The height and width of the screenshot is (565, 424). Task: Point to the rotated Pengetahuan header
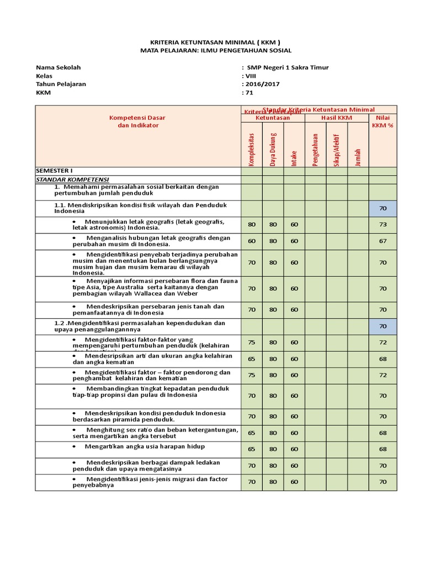[316, 149]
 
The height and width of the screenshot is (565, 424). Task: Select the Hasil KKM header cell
[337, 118]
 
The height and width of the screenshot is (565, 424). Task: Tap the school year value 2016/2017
[263, 84]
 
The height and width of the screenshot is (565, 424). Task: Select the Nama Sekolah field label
[58, 67]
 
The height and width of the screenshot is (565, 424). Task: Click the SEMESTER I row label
[54, 171]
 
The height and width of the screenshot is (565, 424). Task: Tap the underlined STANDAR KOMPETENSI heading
[72, 179]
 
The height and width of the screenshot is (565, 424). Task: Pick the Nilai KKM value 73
[383, 225]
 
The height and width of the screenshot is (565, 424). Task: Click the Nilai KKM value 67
[383, 241]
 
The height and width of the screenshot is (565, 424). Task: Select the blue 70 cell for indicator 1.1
[383, 208]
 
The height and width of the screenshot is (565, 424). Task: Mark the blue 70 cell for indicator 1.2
[383, 326]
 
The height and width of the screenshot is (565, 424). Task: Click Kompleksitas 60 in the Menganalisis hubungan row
[252, 241]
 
